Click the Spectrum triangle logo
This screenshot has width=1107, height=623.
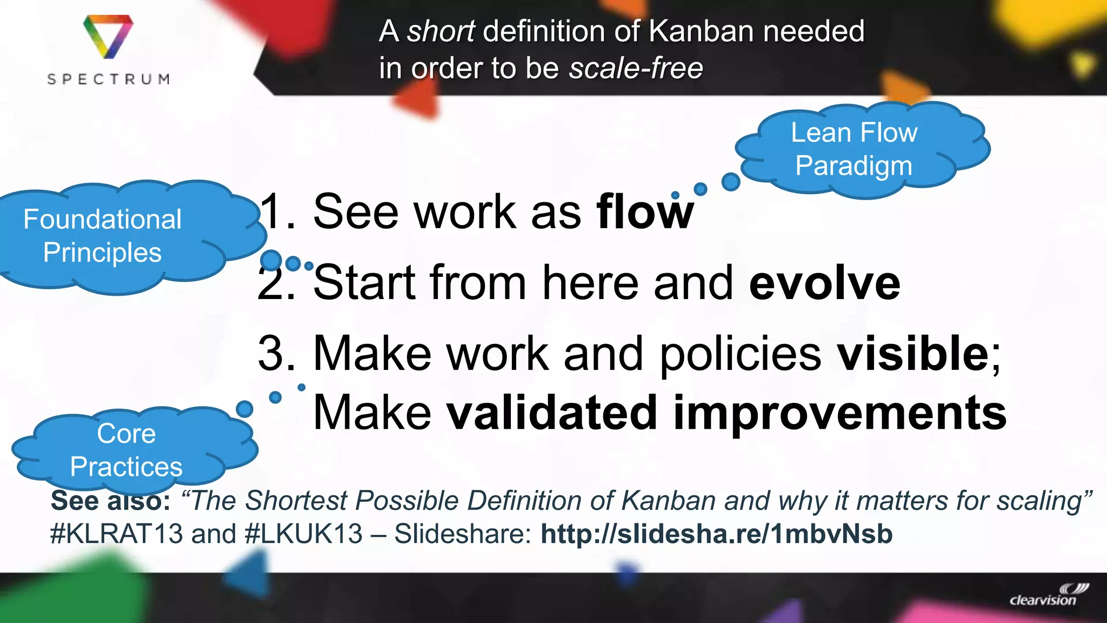point(108,36)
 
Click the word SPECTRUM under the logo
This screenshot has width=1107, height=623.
point(108,79)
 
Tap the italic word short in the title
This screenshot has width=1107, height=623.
point(441,31)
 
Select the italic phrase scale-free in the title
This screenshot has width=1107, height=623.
point(636,68)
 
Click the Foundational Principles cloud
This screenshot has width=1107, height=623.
point(103,236)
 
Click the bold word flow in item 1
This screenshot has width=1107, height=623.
point(644,211)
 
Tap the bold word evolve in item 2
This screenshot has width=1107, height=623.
point(824,283)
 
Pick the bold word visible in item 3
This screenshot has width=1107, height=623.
point(912,353)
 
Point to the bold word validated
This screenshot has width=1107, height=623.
point(551,413)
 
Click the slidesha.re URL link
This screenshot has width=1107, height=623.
point(716,534)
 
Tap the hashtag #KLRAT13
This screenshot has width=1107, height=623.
point(116,534)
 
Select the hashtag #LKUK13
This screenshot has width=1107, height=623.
point(303,534)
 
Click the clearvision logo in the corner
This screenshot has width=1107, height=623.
point(1048,595)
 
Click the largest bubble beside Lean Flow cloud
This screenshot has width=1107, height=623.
point(731,182)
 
